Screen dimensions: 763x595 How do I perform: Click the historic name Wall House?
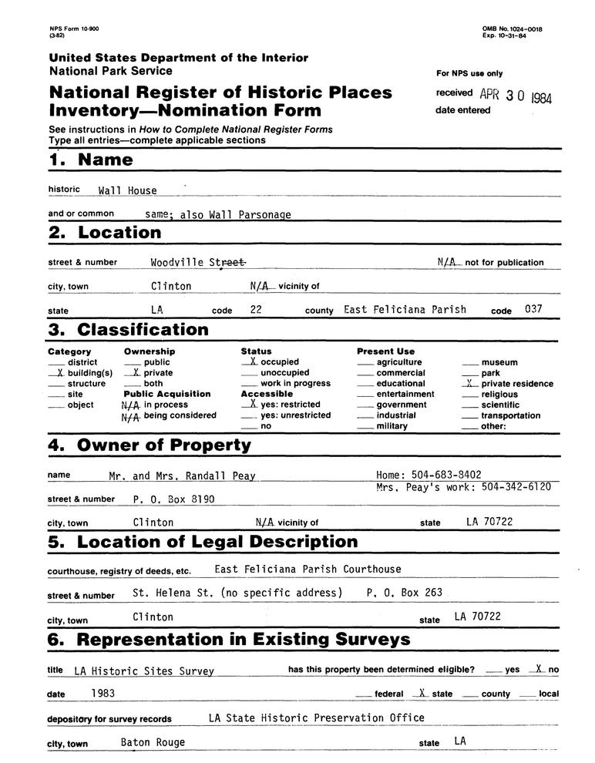(127, 190)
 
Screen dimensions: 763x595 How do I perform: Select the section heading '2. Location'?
(105, 233)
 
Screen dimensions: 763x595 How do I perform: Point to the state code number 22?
(255, 310)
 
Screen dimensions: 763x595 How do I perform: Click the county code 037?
(533, 310)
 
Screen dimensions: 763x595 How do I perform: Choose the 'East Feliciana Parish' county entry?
(405, 310)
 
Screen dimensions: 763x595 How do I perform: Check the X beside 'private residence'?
(468, 383)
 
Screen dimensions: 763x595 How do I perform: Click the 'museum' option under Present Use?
(499, 362)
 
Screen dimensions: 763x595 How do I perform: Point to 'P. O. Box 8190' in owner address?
(173, 499)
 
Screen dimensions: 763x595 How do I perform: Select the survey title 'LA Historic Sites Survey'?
(144, 671)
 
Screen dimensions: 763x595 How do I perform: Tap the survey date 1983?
(103, 693)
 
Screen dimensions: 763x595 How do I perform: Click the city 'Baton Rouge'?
(153, 743)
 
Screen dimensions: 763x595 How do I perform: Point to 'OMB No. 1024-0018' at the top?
(512, 29)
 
